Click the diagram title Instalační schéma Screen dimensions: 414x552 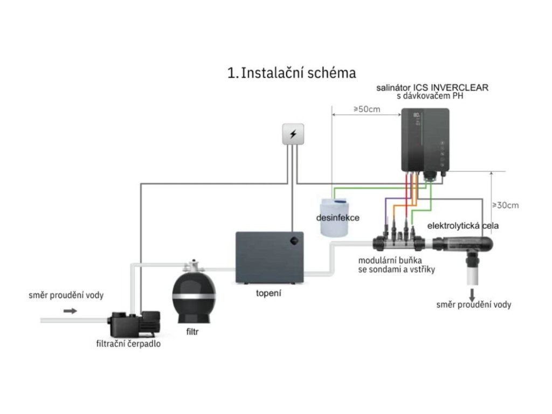pos(292,73)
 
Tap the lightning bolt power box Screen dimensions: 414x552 pos(293,134)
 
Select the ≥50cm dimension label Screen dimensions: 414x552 pos(367,109)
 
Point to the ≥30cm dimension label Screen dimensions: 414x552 pos(505,205)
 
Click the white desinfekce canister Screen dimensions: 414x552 pos(335,218)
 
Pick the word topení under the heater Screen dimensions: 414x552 pos(268,294)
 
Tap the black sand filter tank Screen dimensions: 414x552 pos(194,296)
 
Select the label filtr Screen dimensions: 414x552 pos(192,332)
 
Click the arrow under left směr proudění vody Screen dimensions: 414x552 pos(70,311)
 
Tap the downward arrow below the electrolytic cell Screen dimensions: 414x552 pos(473,294)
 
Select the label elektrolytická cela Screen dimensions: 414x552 pos(463,226)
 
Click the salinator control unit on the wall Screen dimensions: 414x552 pos(425,141)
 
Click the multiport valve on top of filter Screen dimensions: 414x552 pos(192,266)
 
